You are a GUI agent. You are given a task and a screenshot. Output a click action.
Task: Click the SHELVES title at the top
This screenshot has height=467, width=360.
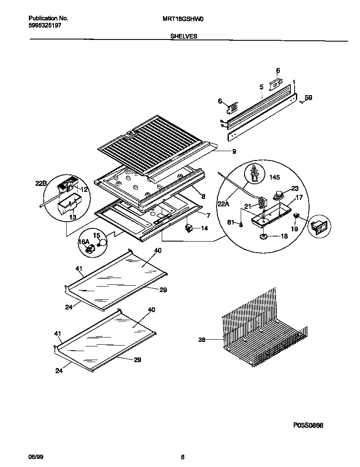(x=183, y=37)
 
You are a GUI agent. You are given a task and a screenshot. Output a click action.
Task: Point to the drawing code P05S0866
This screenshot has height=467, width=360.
(x=308, y=425)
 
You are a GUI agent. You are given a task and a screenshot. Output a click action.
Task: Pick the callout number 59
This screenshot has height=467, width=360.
(x=308, y=98)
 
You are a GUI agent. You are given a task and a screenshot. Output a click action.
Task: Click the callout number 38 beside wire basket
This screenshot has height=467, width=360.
(x=202, y=340)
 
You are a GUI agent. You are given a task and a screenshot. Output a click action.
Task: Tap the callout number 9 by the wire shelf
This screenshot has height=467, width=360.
(x=234, y=151)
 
